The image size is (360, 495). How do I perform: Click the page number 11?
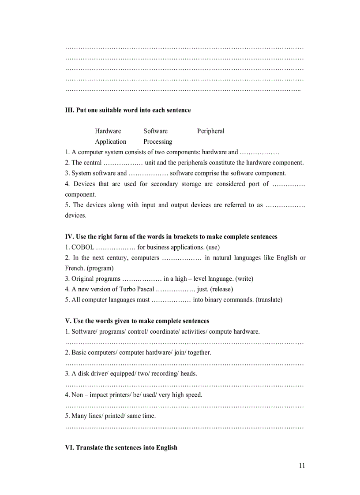(302, 465)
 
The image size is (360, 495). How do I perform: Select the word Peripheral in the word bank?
(210, 131)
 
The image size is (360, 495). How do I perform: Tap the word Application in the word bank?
(110, 141)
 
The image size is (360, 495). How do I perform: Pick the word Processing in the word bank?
(157, 141)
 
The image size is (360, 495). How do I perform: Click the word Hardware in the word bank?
(108, 131)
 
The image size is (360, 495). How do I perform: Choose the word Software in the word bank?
(155, 131)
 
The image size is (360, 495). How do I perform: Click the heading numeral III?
(69, 110)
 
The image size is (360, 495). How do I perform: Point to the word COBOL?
(82, 247)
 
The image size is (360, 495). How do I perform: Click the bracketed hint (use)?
(213, 247)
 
